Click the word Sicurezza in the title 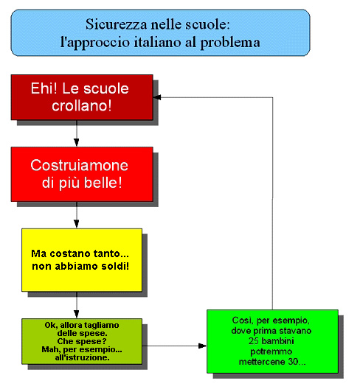[x=117, y=24]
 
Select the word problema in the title [x=230, y=43]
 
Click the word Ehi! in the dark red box [x=44, y=88]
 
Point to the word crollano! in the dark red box [x=82, y=105]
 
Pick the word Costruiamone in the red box [x=80, y=165]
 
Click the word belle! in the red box [x=103, y=183]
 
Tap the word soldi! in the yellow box [x=115, y=266]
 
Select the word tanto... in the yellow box [x=111, y=253]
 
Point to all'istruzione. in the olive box [x=83, y=357]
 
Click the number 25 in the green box [x=254, y=341]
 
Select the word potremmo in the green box [x=271, y=351]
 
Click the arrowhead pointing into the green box [x=203, y=346]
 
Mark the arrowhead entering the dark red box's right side [x=157, y=97]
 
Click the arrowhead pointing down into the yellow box [x=77, y=224]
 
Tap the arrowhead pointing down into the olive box [x=77, y=314]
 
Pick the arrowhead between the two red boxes [x=77, y=142]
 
